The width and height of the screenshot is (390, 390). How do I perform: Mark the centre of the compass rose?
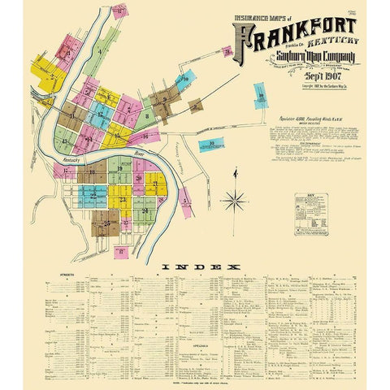pos(235,199)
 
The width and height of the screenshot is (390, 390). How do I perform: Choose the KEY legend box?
pos(310,213)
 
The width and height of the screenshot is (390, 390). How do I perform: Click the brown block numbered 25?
pos(105,223)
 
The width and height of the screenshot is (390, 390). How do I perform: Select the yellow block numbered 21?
pos(154,184)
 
